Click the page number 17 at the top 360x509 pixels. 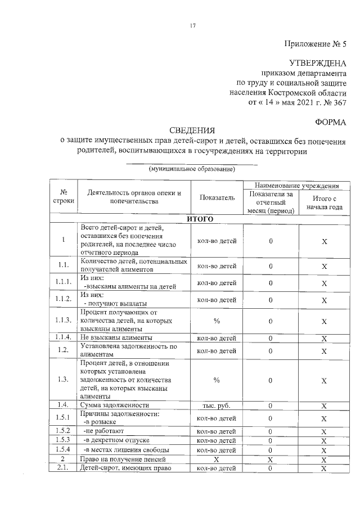192,25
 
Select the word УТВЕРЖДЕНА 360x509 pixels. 318,63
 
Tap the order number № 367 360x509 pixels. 333,101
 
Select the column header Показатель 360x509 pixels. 217,197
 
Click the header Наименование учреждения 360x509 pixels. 296,184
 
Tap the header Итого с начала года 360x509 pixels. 324,202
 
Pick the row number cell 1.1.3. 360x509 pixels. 63,321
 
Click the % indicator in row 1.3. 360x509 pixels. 217,380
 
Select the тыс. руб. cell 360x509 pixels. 217,405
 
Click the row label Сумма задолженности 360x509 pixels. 115,405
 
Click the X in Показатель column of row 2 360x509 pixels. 217,459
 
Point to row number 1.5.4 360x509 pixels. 63,449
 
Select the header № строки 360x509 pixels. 63,197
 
